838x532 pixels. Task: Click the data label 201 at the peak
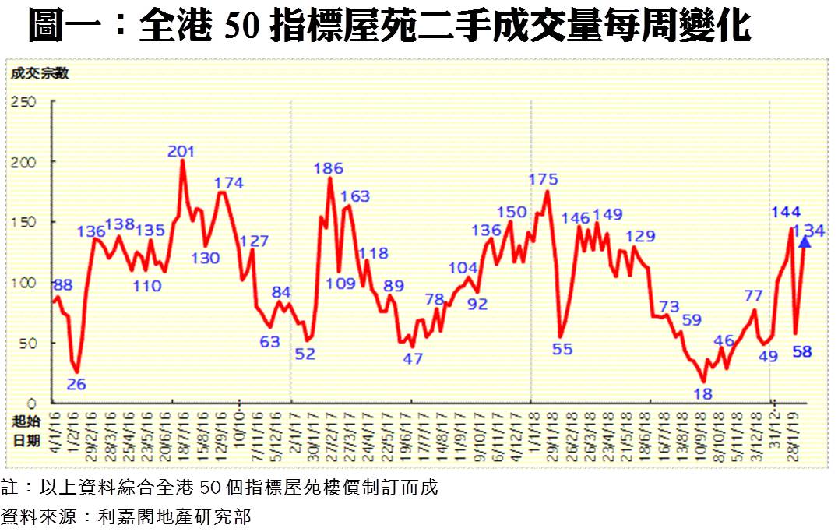(x=181, y=151)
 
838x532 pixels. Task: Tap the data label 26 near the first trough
(x=76, y=384)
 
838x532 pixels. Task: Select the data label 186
(x=328, y=167)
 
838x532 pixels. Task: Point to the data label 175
(x=544, y=179)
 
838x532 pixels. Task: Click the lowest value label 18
(x=702, y=394)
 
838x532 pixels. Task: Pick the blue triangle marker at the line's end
(x=805, y=242)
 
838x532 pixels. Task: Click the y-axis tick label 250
(x=23, y=101)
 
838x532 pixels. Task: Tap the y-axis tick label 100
(x=23, y=282)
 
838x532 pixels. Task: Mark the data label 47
(x=413, y=359)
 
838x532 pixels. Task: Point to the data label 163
(x=355, y=196)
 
